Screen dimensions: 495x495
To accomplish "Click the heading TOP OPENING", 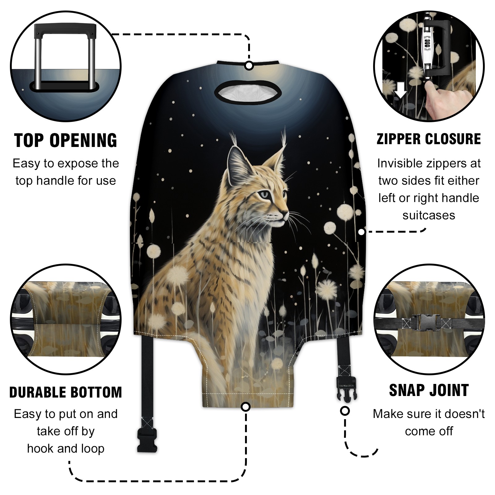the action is (66, 140).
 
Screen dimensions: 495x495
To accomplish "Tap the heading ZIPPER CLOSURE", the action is (429, 139).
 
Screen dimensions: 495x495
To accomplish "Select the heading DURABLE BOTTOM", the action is (66, 392).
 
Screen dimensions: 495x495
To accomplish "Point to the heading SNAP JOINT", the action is (429, 390).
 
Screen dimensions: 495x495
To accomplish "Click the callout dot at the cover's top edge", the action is (249, 66).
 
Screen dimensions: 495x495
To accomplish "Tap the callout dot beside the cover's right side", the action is (362, 231).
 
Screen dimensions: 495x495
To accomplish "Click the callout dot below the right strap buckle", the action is (345, 411).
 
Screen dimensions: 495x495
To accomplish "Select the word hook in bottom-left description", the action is (40, 448).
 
